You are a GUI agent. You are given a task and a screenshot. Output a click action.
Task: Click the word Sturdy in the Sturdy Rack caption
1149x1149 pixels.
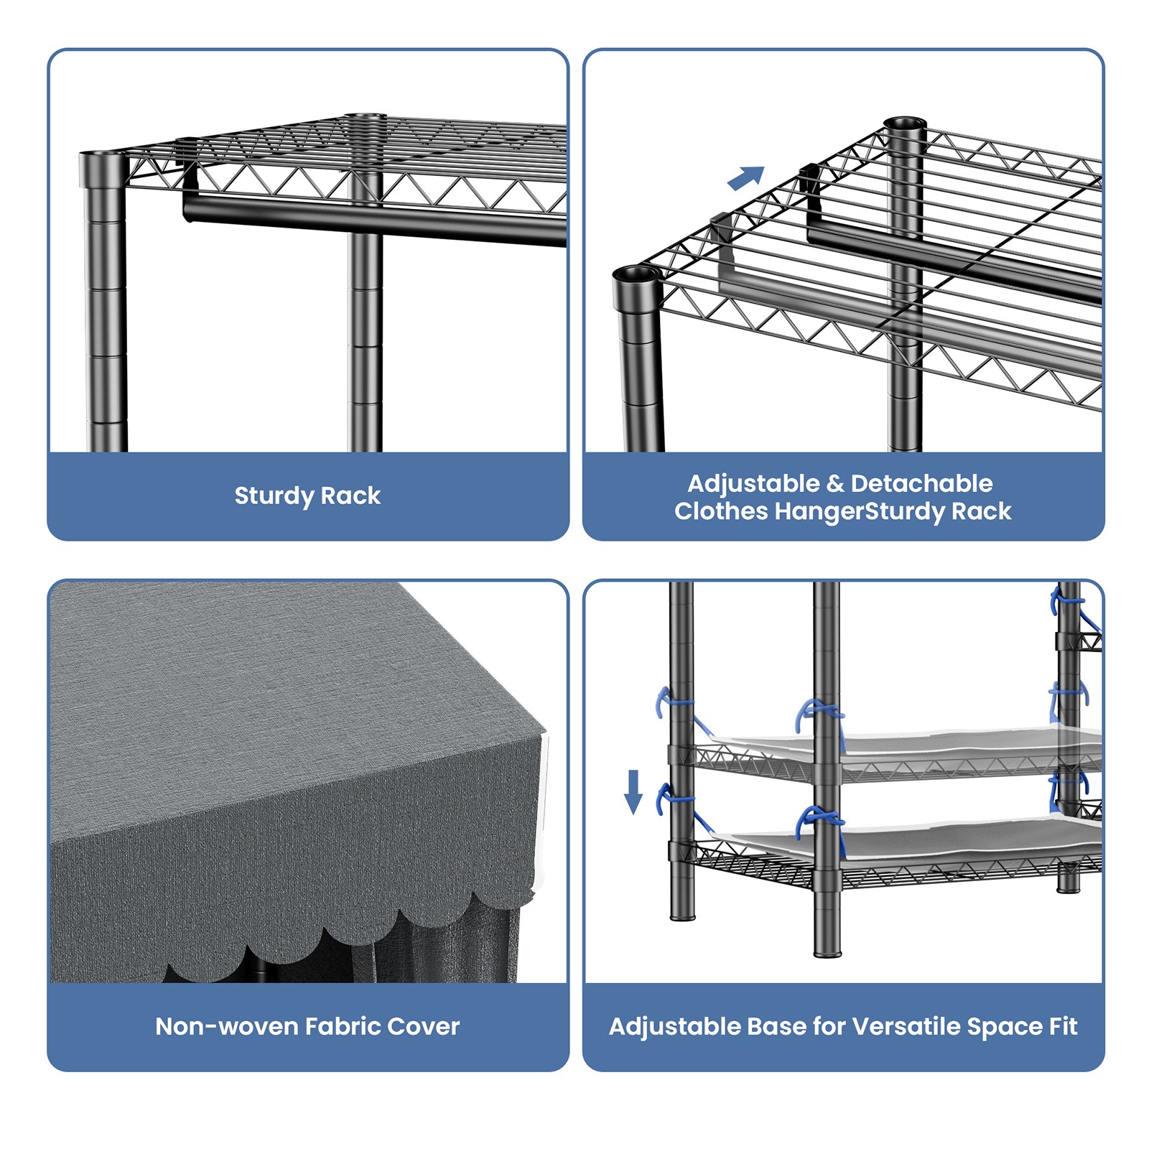click(x=274, y=496)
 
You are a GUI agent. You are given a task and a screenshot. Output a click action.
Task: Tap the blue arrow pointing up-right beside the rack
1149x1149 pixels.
click(x=746, y=178)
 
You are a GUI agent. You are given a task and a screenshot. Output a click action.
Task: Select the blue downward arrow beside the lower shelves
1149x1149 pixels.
click(x=633, y=792)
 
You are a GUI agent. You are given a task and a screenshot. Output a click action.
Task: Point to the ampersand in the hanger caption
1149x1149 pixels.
click(x=835, y=484)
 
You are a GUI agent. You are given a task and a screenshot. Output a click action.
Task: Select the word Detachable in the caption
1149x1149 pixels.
click(x=921, y=484)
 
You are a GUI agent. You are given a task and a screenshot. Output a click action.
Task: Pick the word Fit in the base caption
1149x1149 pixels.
click(x=1063, y=1026)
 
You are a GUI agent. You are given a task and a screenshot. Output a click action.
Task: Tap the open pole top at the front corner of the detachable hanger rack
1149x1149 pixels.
click(x=636, y=276)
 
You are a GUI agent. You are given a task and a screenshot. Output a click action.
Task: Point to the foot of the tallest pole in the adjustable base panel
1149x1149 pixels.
click(x=827, y=952)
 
